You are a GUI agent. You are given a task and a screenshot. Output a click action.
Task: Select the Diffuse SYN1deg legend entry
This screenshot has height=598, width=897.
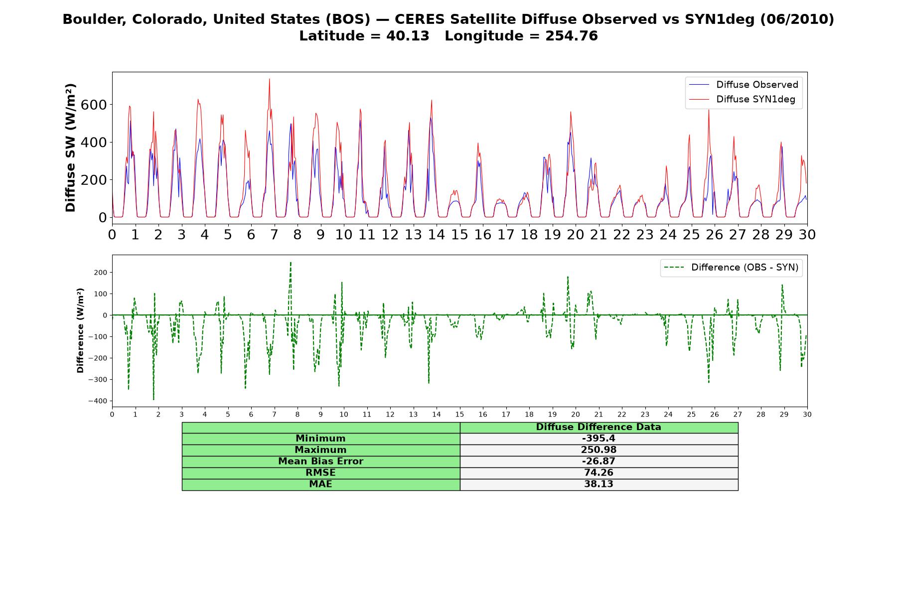743,99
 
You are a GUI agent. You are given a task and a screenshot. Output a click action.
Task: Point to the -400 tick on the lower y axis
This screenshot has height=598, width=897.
98,401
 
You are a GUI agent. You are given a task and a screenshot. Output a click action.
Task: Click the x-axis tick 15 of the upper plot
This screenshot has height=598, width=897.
459,234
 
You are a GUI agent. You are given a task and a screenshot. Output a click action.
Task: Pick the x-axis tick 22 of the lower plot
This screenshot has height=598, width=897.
621,415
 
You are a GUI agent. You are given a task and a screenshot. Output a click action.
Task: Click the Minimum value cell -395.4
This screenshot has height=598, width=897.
598,439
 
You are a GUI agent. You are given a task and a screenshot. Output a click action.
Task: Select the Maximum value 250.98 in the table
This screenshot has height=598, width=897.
598,450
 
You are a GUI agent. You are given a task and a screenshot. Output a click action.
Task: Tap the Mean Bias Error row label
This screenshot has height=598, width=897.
321,461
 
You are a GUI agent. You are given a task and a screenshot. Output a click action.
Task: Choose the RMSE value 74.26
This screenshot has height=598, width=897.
598,473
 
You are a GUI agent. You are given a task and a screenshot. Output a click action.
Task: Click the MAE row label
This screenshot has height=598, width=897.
321,484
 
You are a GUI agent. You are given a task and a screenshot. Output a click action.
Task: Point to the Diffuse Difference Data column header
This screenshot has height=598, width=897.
598,427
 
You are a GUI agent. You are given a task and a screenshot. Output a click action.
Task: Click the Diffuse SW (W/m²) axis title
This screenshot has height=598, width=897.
71,148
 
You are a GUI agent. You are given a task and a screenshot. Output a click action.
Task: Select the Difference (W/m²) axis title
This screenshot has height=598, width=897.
80,331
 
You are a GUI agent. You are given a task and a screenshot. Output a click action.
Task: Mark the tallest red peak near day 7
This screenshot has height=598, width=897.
270,79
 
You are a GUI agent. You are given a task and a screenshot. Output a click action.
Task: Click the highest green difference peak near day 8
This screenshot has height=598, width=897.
291,262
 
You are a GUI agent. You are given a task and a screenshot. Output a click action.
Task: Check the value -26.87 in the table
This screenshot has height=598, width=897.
598,461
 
